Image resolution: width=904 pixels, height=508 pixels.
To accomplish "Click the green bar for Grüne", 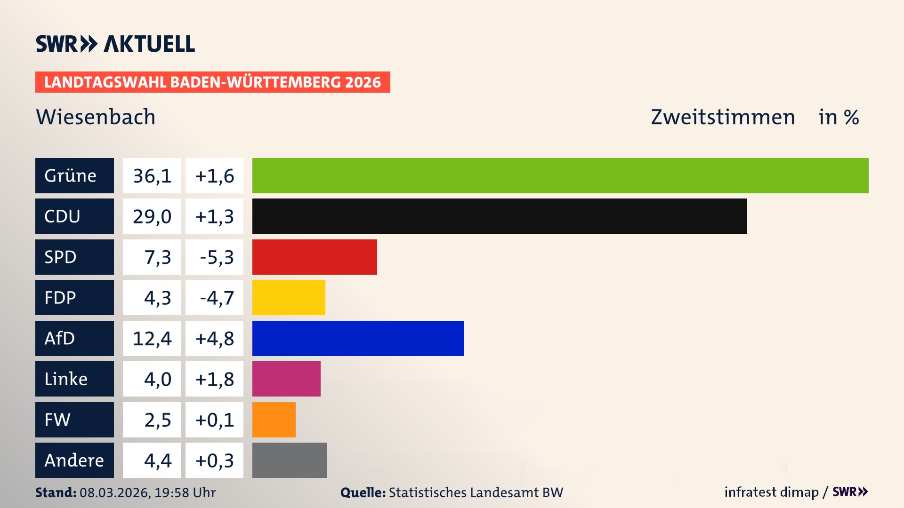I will tap(560, 175).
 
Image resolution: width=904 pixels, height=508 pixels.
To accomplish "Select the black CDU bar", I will tap(499, 216).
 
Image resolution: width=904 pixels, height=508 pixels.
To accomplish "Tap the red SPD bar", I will tap(315, 257).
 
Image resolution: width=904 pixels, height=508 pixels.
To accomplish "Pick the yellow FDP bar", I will tap(289, 297).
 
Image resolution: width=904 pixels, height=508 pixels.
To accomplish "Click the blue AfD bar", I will tap(358, 338).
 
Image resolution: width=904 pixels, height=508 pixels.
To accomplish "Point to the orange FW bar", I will tap(274, 420).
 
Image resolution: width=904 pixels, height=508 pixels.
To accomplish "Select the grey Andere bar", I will tap(290, 460).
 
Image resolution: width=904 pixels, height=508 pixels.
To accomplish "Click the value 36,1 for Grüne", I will tap(152, 175).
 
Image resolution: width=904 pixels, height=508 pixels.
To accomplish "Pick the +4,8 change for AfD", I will tap(215, 338).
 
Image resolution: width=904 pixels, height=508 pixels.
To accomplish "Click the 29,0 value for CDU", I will tap(152, 216).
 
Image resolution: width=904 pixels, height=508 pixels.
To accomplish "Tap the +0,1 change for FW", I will tap(215, 420).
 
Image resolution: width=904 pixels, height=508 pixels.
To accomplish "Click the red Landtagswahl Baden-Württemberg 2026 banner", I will tap(212, 82).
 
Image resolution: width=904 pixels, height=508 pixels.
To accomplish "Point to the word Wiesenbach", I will tap(96, 117).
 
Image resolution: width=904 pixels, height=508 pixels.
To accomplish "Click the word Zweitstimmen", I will tap(723, 117).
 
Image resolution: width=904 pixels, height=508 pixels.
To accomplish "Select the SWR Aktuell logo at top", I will tap(115, 44).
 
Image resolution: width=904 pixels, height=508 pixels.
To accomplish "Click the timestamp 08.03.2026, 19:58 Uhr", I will tap(147, 492).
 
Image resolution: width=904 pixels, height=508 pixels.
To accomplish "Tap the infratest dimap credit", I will tap(771, 492).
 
